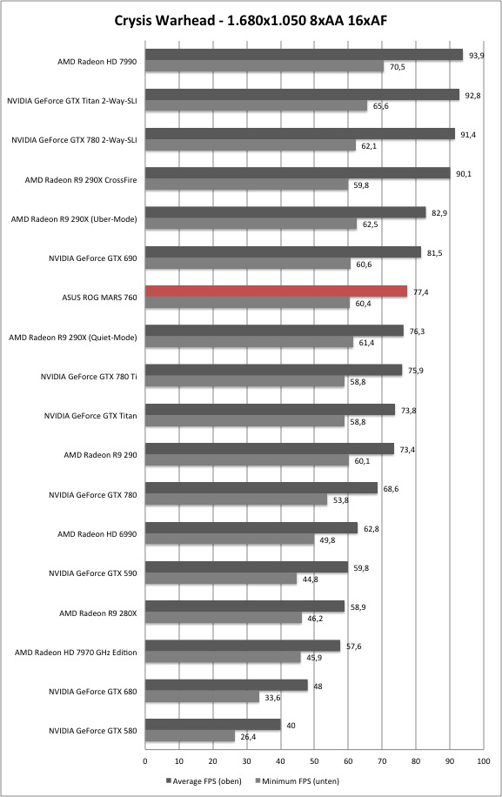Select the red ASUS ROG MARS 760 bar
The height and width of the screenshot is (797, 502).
point(277,291)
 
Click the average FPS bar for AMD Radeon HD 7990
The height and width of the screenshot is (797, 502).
point(305,55)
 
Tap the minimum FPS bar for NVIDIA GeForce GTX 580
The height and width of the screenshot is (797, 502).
point(190,736)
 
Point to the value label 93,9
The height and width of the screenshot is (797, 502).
point(477,56)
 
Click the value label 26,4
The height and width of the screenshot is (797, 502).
point(248,736)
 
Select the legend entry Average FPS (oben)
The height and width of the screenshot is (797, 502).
point(204,780)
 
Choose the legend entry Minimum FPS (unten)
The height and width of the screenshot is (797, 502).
point(298,780)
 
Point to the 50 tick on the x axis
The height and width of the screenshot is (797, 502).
point(314,761)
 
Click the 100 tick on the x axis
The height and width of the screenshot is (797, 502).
point(484,761)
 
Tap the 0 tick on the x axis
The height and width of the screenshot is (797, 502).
point(145,761)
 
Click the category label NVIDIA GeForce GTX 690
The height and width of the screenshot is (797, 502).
point(93,258)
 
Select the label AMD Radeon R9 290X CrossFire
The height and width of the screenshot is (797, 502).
point(81,180)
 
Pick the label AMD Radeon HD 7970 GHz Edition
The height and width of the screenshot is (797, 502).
point(76,653)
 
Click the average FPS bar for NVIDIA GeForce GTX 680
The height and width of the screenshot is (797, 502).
point(226,685)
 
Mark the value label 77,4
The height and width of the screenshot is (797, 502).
point(421,292)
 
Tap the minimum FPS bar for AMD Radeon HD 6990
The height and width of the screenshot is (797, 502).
point(230,539)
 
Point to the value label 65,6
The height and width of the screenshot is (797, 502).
point(380,106)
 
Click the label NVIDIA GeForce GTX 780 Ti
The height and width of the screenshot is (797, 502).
point(89,377)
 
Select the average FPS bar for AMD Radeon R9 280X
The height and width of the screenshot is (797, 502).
point(244,606)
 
